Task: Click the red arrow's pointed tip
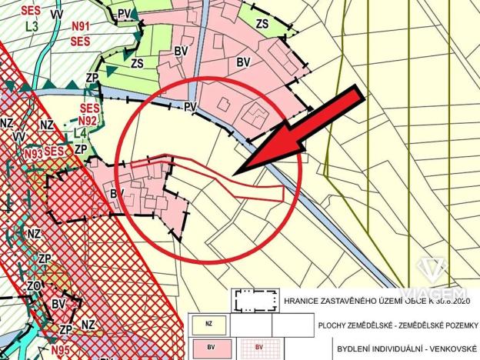tap(236, 171)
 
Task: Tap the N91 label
tap(80, 25)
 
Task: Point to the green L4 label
tap(79, 134)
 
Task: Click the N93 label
tap(32, 154)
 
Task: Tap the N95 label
tap(62, 352)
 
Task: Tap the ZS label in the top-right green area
tap(262, 24)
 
